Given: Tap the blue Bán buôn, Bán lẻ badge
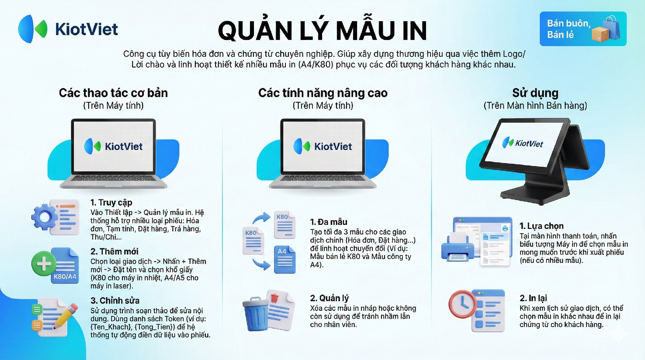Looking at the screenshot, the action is [x=583, y=29].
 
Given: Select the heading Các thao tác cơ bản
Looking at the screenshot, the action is [x=113, y=93].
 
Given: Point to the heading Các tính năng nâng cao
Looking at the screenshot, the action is [x=323, y=93].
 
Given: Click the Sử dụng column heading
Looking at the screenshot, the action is [x=535, y=93].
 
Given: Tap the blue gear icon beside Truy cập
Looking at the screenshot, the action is [x=44, y=217].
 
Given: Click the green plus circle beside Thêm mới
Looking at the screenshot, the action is [x=44, y=264].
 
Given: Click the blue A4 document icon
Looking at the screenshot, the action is [x=285, y=259].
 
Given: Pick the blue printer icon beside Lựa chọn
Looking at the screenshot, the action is [x=458, y=249].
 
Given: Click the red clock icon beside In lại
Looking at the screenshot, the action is [x=463, y=304].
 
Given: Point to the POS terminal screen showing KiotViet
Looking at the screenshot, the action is [x=524, y=145].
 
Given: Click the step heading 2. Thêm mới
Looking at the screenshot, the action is [x=114, y=251].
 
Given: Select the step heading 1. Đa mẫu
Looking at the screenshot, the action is [x=329, y=222].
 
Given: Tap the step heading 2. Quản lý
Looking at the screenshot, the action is [x=329, y=298].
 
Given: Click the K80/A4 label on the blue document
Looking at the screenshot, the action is [x=65, y=277].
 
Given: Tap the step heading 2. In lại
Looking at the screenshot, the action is [x=533, y=298].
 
